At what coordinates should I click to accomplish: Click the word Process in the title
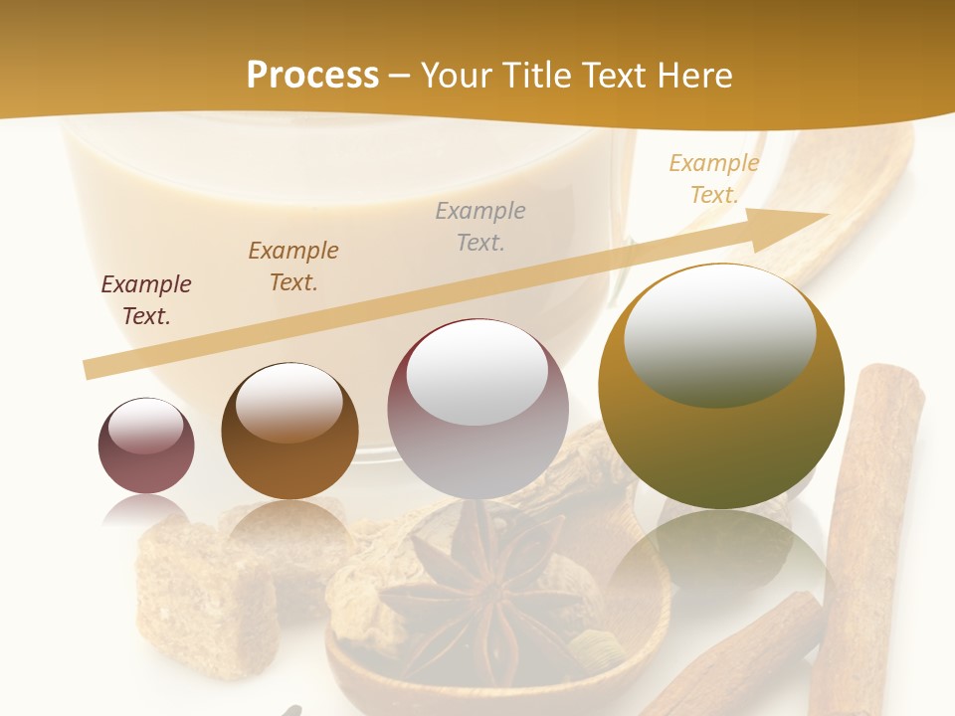pyautogui.click(x=312, y=76)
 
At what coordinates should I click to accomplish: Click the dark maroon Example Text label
pyautogui.click(x=146, y=300)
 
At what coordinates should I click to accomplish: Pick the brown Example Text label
pyautogui.click(x=293, y=267)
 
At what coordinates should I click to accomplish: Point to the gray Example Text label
pyautogui.click(x=480, y=227)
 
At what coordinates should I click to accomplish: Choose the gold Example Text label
pyautogui.click(x=714, y=179)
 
